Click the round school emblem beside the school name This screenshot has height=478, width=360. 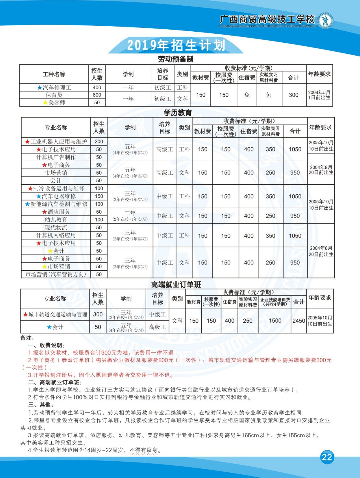[325, 21]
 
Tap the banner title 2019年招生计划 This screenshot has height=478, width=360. [176, 45]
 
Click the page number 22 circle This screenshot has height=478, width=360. [327, 457]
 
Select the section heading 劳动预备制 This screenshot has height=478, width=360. [176, 59]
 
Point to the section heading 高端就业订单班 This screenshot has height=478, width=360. [176, 285]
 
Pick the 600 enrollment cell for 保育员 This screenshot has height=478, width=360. [97, 95]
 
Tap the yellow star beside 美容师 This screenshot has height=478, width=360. [45, 102]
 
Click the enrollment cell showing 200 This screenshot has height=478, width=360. [99, 142]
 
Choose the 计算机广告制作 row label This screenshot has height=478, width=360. [56, 157]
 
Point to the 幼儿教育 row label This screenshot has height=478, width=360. [56, 220]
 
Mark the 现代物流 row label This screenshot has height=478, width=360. [56, 227]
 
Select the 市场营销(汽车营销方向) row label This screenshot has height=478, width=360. [56, 274]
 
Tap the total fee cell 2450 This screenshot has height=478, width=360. [299, 321]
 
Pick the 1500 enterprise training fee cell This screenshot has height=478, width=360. [275, 321]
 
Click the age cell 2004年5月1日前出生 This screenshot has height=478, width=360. [319, 95]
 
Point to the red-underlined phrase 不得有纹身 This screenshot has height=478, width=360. [144, 450]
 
